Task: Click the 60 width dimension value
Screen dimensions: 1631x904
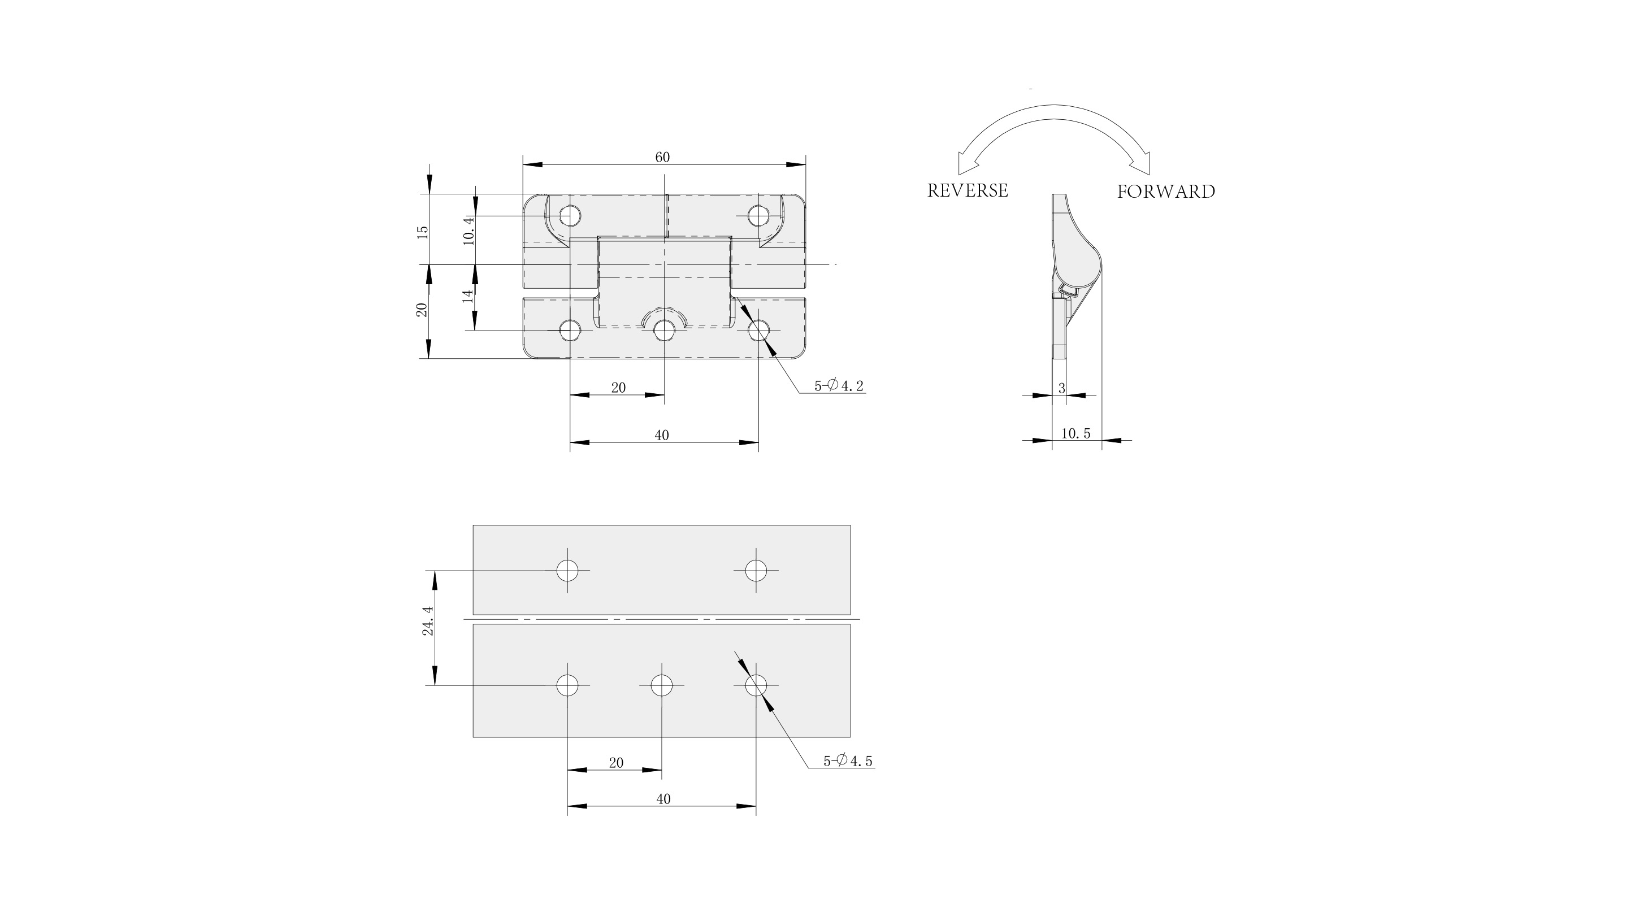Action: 662,157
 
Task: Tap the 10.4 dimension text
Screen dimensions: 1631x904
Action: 469,231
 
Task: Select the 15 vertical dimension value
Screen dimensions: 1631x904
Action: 423,232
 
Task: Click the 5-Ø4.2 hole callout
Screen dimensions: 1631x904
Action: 839,385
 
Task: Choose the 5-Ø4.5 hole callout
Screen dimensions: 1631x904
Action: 848,761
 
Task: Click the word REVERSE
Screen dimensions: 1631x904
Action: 968,190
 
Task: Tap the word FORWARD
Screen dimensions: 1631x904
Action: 1166,192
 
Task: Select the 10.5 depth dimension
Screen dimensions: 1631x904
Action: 1075,434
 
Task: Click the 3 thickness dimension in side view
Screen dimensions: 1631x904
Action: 1062,388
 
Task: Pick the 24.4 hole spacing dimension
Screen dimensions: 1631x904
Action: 428,620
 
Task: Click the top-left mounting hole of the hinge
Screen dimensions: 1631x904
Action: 570,216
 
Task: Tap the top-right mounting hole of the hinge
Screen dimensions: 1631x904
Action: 758,216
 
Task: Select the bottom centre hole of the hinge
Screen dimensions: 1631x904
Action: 664,330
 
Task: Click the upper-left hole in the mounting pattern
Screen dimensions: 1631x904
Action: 567,571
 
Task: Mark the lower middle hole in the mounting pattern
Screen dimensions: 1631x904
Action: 662,685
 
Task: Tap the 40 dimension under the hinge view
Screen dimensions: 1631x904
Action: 662,435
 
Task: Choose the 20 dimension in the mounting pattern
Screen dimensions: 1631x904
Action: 616,763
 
